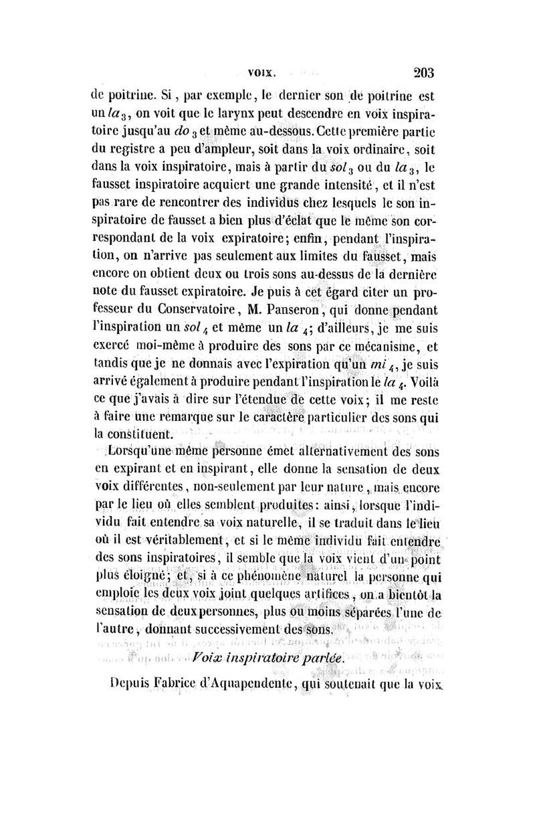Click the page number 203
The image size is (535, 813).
click(424, 72)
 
